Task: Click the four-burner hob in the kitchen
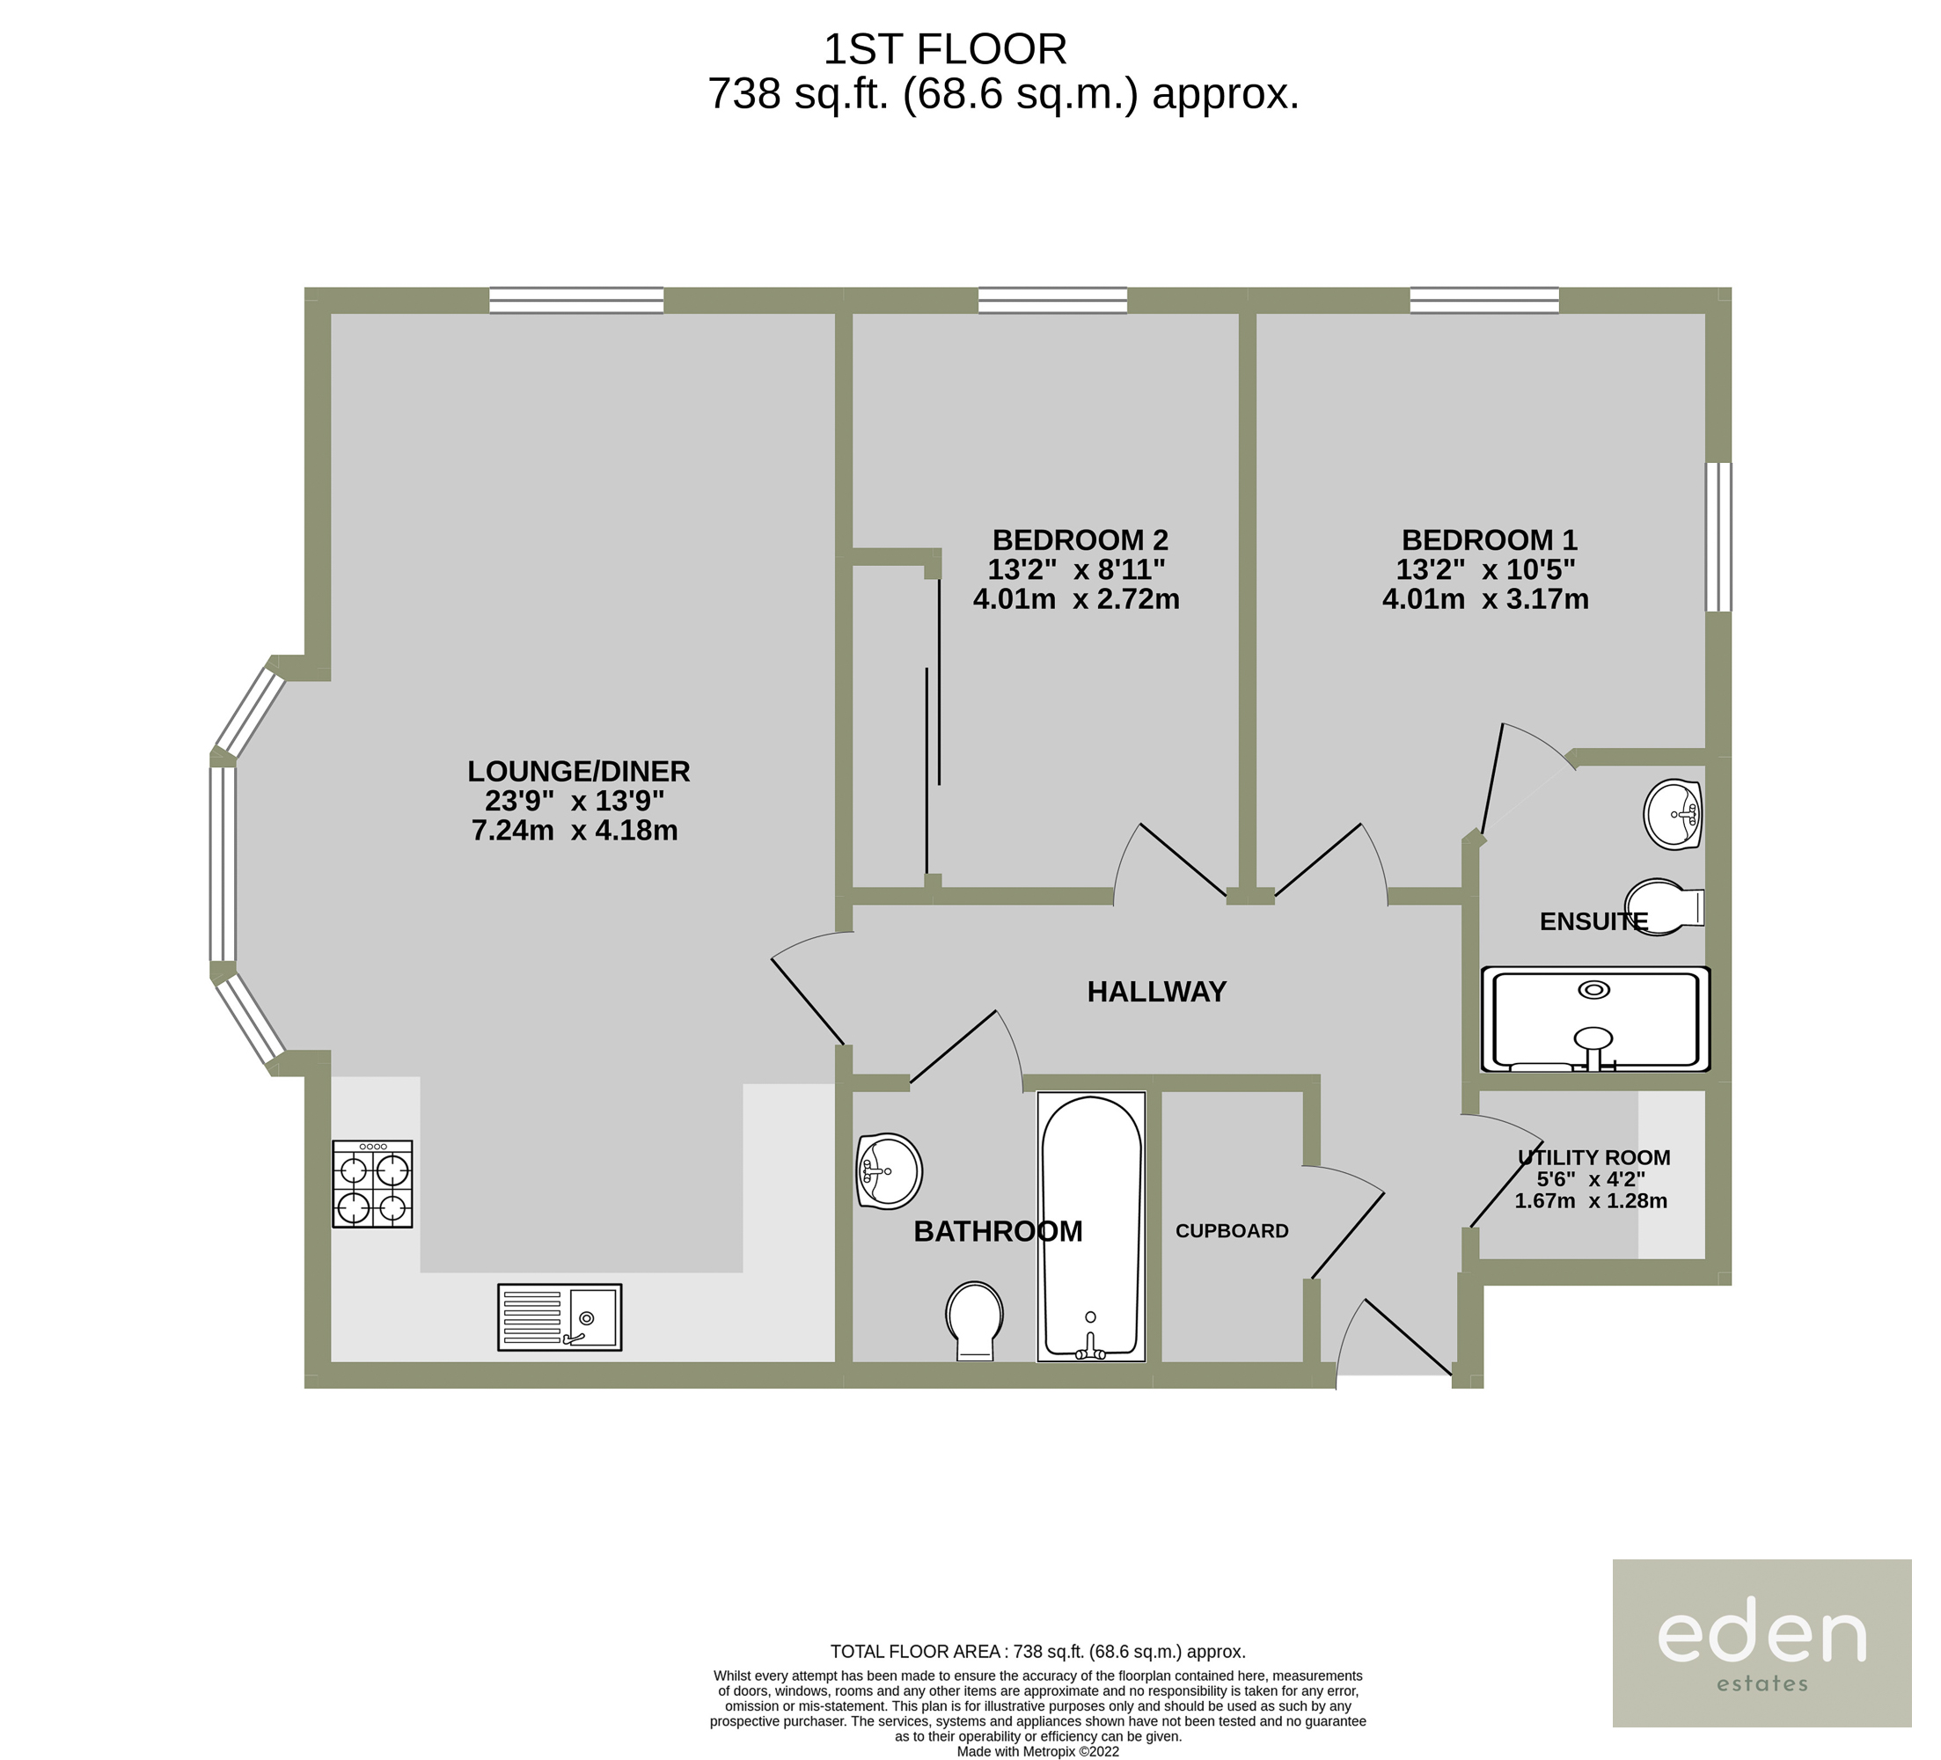pyautogui.click(x=372, y=1184)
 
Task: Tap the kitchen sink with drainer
pyautogui.click(x=560, y=1317)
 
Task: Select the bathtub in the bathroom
pyautogui.click(x=1091, y=1227)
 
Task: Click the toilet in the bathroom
pyautogui.click(x=974, y=1320)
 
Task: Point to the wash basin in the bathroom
pyautogui.click(x=889, y=1170)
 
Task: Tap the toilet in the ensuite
pyautogui.click(x=1665, y=906)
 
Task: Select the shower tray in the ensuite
pyautogui.click(x=1595, y=1019)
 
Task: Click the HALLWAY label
pyautogui.click(x=1156, y=992)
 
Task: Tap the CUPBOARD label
pyautogui.click(x=1232, y=1230)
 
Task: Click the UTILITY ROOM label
pyautogui.click(x=1593, y=1157)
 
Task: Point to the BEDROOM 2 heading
pyautogui.click(x=1080, y=539)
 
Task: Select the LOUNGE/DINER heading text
pyautogui.click(x=579, y=771)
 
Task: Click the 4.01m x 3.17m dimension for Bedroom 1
pyautogui.click(x=1485, y=599)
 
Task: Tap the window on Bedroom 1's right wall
pyautogui.click(x=1718, y=538)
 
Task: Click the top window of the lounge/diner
pyautogui.click(x=576, y=300)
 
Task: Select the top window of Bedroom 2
pyautogui.click(x=1052, y=300)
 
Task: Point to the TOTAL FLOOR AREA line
pyautogui.click(x=1038, y=1652)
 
